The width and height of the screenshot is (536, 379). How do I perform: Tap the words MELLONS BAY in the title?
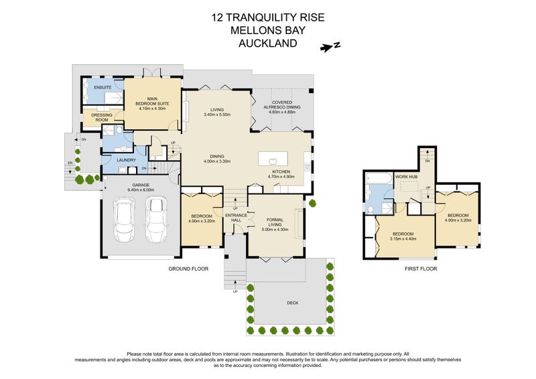coord(268,31)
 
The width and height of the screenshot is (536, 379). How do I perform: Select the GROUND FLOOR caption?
coord(188,269)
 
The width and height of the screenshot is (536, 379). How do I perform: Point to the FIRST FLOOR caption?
coord(421,269)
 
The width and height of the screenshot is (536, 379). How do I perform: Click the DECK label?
coord(292,303)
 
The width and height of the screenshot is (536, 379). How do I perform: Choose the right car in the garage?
coord(156,220)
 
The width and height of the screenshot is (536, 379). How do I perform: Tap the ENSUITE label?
coord(102,88)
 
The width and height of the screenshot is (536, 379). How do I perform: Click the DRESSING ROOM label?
coord(102,117)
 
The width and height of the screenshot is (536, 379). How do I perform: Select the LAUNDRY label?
coord(127,160)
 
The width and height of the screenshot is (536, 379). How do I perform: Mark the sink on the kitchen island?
coord(273,161)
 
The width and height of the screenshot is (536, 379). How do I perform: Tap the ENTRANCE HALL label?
coord(234,218)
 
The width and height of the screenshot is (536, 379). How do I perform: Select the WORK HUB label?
coord(406,177)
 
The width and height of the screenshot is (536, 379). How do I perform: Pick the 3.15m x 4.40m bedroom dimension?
coord(403,238)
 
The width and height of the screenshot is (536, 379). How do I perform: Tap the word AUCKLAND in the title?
coord(268,44)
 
